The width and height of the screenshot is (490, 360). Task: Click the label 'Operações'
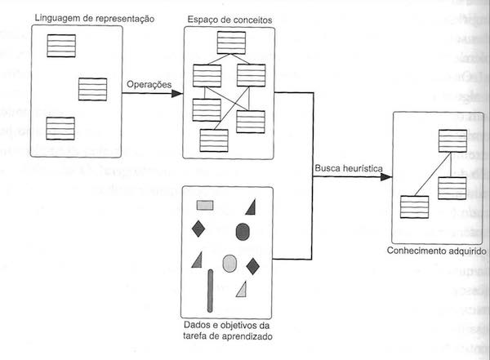149,85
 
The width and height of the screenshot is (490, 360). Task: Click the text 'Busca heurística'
348,169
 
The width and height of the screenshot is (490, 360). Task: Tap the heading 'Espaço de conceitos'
229,18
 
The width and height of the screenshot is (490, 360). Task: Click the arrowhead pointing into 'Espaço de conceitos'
177,93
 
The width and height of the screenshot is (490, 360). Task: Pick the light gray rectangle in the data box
205,205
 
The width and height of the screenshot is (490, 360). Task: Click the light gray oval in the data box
229,263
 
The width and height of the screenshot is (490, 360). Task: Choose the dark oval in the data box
243,232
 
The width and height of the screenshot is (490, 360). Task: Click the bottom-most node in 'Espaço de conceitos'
214,140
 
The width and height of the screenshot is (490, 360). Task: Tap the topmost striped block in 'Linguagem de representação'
60,46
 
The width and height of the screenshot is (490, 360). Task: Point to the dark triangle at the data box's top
250,206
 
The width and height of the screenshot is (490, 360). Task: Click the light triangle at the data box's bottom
242,288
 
